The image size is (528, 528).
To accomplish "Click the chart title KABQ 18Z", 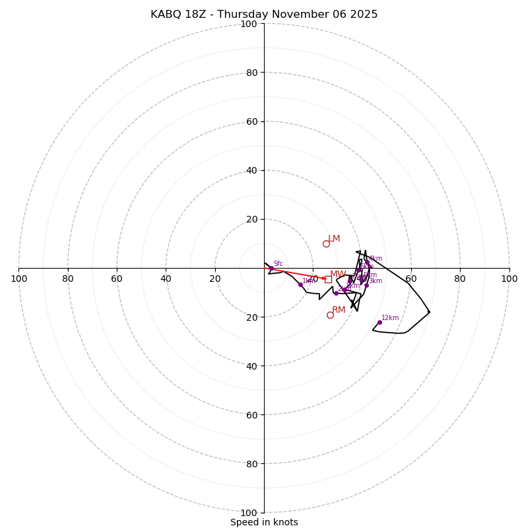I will [x=264, y=15].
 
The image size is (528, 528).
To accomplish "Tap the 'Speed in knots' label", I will [x=264, y=523].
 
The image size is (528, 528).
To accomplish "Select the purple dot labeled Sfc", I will [x=271, y=268].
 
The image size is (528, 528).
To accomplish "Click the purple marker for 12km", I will [x=379, y=322].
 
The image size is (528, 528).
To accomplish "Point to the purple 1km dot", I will [x=300, y=284].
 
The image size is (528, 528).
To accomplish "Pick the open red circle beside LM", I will [x=326, y=244].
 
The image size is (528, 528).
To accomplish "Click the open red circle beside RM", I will [x=330, y=315].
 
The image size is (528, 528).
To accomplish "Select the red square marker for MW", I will [x=328, y=279].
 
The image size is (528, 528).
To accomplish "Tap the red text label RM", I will [x=339, y=310].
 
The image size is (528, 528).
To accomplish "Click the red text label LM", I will [x=334, y=238].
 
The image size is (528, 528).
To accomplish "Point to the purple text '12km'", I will [x=390, y=317].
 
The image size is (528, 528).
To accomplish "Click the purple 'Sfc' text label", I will [x=278, y=263].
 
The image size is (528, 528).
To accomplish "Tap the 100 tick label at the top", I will [x=248, y=24].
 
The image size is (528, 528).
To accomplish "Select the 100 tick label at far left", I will [x=18, y=279].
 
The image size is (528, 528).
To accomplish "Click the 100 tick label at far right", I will [x=509, y=279].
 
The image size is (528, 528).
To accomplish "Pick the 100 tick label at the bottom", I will [x=248, y=512].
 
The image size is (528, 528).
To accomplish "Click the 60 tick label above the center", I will [x=251, y=121].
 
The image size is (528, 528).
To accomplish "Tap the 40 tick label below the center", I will [x=251, y=366].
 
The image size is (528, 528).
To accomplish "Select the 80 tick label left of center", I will [x=68, y=279].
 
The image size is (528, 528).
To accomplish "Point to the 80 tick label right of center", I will [x=460, y=279].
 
